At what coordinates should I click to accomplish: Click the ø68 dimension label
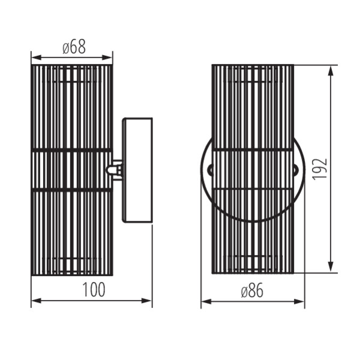(x=74, y=47)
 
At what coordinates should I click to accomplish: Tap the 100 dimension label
(x=94, y=289)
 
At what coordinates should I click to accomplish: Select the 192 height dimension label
(x=319, y=169)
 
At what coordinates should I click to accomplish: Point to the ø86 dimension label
(x=252, y=290)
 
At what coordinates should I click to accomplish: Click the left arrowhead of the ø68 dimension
(x=36, y=58)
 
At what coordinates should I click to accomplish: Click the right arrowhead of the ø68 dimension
(x=107, y=58)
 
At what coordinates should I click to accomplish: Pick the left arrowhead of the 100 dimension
(x=36, y=301)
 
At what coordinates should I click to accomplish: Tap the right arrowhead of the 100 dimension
(x=146, y=301)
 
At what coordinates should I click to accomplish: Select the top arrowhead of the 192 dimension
(x=331, y=71)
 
